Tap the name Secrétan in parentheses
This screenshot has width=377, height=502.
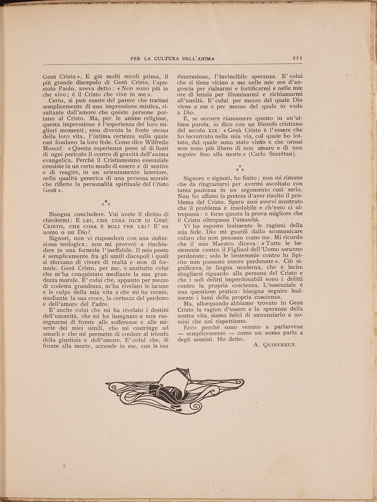pyautogui.click(x=278, y=153)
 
